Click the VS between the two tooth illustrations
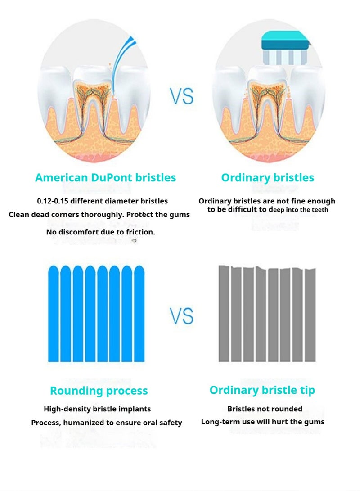181,96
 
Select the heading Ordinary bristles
268,178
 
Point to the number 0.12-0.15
52,201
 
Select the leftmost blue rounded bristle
53,313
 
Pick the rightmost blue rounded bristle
139,313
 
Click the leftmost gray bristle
224,313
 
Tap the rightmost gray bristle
310,315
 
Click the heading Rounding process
99,391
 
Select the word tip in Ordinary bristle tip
307,391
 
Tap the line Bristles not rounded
265,409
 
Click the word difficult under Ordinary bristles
243,209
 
